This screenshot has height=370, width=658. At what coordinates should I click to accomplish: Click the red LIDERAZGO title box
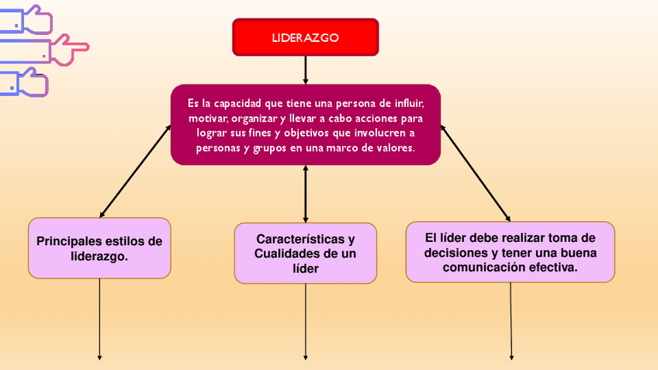[306, 37]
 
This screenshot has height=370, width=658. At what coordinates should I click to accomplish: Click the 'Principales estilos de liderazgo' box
[99, 248]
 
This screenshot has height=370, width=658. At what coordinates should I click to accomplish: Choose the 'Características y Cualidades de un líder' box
[306, 253]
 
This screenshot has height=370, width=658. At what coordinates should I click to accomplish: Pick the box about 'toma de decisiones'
[510, 252]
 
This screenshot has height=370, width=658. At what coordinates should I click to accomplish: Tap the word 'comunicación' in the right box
[486, 267]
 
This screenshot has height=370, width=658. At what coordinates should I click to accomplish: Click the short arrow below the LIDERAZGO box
[306, 70]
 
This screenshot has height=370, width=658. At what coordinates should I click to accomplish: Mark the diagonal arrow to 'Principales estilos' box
[136, 170]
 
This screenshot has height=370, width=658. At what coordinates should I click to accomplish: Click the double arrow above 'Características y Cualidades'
[306, 193]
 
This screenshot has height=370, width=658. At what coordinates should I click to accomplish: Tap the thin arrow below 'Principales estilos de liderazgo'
[100, 318]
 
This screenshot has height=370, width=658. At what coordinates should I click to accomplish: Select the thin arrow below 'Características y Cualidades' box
[306, 321]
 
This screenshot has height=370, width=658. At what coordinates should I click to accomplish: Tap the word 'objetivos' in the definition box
[305, 133]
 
